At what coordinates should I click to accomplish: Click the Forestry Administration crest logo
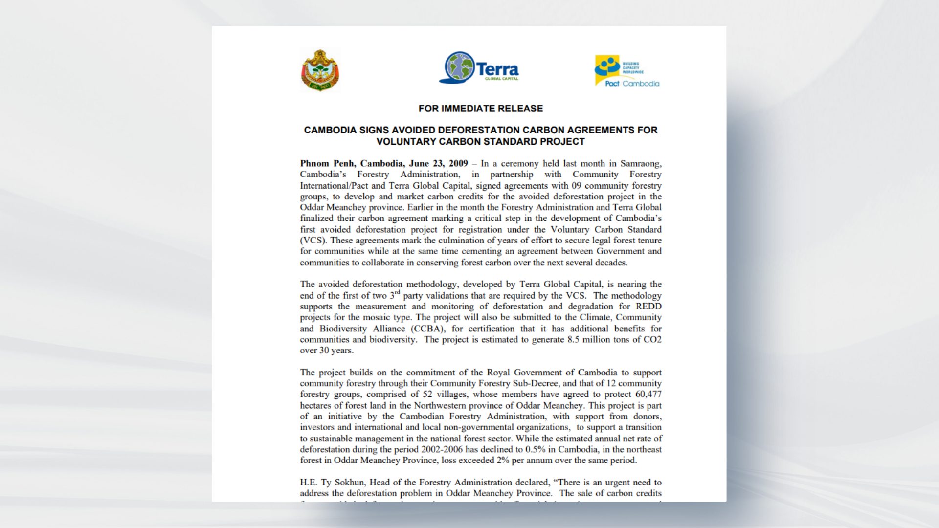click(320, 71)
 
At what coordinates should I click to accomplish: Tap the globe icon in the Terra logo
click(459, 67)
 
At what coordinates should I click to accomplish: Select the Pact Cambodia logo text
click(632, 84)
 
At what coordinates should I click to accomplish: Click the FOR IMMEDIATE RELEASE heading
click(480, 109)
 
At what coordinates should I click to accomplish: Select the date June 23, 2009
click(438, 164)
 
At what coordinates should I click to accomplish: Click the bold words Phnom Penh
click(328, 164)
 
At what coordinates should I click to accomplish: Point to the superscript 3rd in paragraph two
click(395, 295)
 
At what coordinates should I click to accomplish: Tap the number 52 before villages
click(426, 395)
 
